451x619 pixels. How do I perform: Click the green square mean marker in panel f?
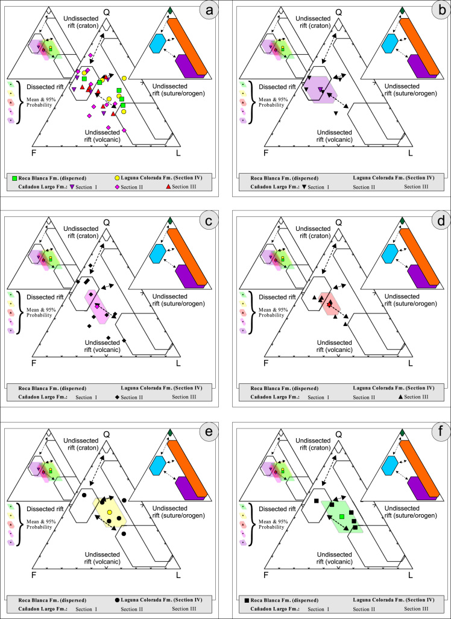pyautogui.click(x=341, y=517)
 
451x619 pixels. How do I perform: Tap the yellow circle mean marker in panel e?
pyautogui.click(x=109, y=512)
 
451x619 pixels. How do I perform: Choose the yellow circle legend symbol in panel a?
pyautogui.click(x=117, y=178)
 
